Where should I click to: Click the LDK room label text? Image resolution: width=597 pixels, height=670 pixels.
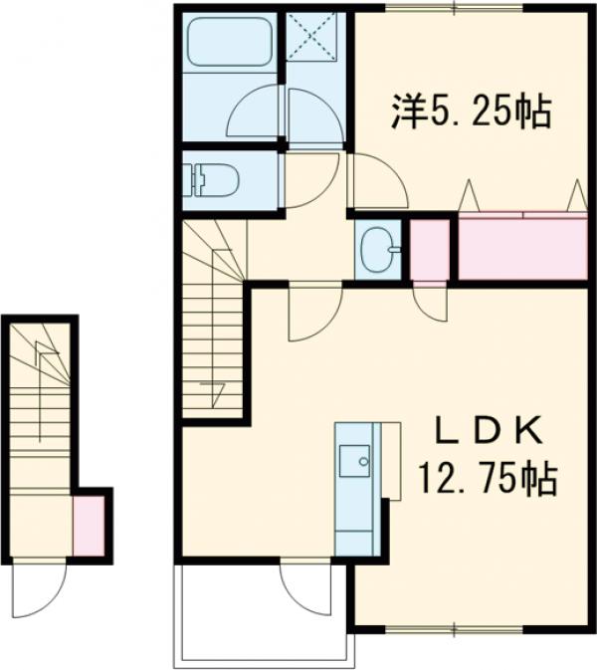point(488,431)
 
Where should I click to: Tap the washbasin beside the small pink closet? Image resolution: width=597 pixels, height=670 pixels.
point(377,249)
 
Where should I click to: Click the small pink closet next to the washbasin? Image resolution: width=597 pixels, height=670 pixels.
point(429,248)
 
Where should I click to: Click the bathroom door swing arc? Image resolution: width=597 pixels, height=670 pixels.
point(256,113)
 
